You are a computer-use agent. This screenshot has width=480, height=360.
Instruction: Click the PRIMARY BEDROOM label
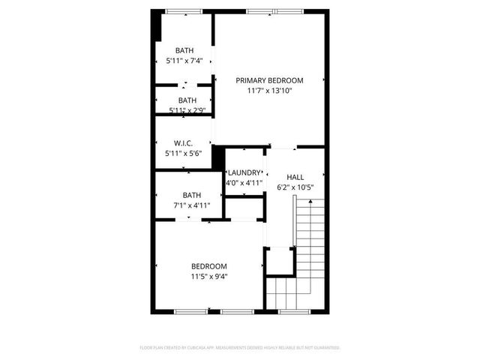pyautogui.click(x=269, y=80)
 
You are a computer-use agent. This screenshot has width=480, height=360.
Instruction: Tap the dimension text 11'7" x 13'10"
pyautogui.click(x=269, y=91)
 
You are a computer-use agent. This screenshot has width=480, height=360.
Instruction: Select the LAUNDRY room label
pyautogui.click(x=244, y=172)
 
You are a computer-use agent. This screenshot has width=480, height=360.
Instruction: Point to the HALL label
pyautogui.click(x=295, y=177)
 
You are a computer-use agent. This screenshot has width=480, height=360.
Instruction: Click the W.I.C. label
pyautogui.click(x=184, y=143)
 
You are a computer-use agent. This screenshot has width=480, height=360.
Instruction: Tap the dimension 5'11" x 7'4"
pyautogui.click(x=184, y=61)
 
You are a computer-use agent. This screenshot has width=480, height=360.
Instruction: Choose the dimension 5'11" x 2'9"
pyautogui.click(x=187, y=110)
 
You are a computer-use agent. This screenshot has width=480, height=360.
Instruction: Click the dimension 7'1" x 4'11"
pyautogui.click(x=191, y=205)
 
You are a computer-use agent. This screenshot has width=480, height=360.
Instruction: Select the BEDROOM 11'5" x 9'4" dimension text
pyautogui.click(x=208, y=276)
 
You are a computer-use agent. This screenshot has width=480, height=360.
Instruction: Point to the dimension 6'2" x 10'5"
pyautogui.click(x=295, y=187)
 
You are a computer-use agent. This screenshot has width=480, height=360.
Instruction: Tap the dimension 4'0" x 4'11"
pyautogui.click(x=244, y=182)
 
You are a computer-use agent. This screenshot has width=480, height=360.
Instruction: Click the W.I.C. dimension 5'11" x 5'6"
pyautogui.click(x=184, y=154)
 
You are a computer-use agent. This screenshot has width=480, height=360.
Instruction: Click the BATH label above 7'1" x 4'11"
pyautogui.click(x=191, y=195)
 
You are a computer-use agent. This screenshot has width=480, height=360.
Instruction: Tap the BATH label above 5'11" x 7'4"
pyautogui.click(x=184, y=50)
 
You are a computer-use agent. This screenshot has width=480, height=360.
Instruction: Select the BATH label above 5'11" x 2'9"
pyautogui.click(x=187, y=100)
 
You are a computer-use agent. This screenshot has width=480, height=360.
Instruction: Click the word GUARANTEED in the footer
pyautogui.click(x=325, y=348)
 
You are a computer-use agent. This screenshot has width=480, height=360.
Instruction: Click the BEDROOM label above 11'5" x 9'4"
pyautogui.click(x=208, y=266)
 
